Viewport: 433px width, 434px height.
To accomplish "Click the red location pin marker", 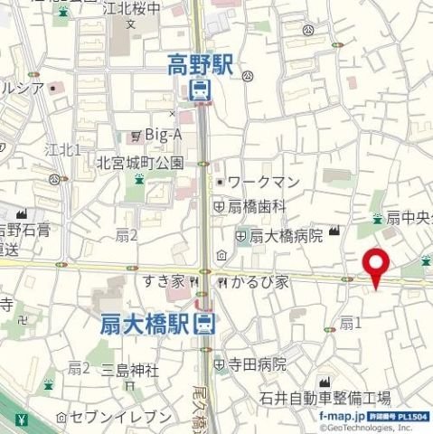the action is (x=375, y=267).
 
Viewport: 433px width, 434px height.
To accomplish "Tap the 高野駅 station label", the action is (x=199, y=63).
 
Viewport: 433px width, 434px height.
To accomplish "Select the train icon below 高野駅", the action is (x=199, y=89).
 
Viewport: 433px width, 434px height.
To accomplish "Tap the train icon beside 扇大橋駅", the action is (x=206, y=324).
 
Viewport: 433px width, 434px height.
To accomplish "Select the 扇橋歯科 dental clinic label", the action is (x=256, y=207).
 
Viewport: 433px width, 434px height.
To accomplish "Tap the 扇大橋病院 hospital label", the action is (x=285, y=236).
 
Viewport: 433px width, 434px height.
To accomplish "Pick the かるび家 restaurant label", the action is (x=259, y=282).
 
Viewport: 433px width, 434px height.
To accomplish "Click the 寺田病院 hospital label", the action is (x=256, y=364).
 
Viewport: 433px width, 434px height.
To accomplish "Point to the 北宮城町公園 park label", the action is (x=140, y=164).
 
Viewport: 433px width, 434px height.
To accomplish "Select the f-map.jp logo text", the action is (x=340, y=414).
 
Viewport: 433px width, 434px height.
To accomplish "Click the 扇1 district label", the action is (x=350, y=322).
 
